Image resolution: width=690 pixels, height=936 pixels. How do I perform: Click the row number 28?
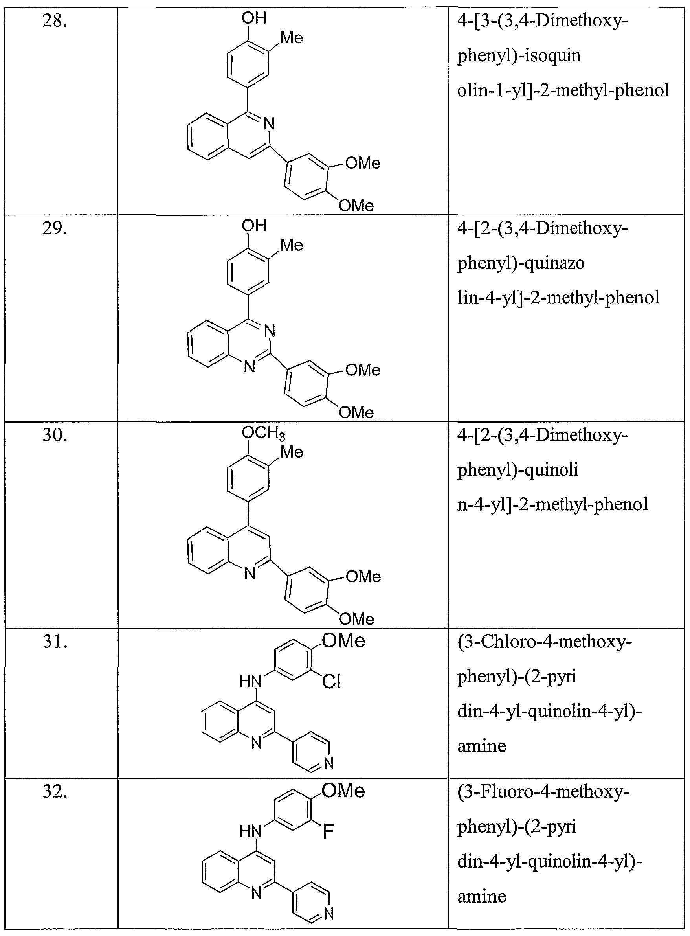click(55, 20)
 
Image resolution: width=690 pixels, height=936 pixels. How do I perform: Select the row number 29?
click(55, 228)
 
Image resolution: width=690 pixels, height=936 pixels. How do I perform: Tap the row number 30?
click(55, 435)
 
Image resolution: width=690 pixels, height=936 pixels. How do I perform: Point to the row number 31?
click(55, 642)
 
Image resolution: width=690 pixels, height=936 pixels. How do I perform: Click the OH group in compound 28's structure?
click(254, 18)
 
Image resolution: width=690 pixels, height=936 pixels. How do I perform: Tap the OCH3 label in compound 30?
click(264, 433)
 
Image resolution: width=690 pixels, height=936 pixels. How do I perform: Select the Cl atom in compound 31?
click(331, 682)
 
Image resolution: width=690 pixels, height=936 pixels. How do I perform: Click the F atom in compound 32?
click(328, 832)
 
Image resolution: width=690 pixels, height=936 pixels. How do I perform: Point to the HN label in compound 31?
click(250, 682)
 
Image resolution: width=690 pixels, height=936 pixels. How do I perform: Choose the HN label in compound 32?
click(250, 832)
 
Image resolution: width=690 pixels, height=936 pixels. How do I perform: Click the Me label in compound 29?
click(292, 245)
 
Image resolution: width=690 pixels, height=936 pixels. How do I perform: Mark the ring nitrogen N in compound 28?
click(270, 124)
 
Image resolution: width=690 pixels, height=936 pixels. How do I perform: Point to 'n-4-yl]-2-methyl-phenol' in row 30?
click(552, 504)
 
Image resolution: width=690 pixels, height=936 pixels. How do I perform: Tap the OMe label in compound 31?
click(343, 641)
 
